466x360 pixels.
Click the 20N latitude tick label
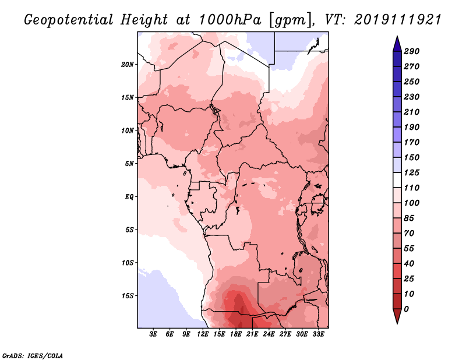coord(128,64)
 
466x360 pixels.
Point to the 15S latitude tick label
coord(128,295)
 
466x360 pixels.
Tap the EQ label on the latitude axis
coord(129,196)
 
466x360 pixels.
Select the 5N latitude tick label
coord(129,163)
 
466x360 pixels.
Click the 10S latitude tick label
coord(128,262)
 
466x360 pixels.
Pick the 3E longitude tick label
coord(154,335)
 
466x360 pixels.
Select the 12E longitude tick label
coord(203,335)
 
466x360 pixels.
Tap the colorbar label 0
coord(406,309)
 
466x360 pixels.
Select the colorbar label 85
coord(409,218)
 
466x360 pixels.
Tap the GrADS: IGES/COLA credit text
coord(33,355)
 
